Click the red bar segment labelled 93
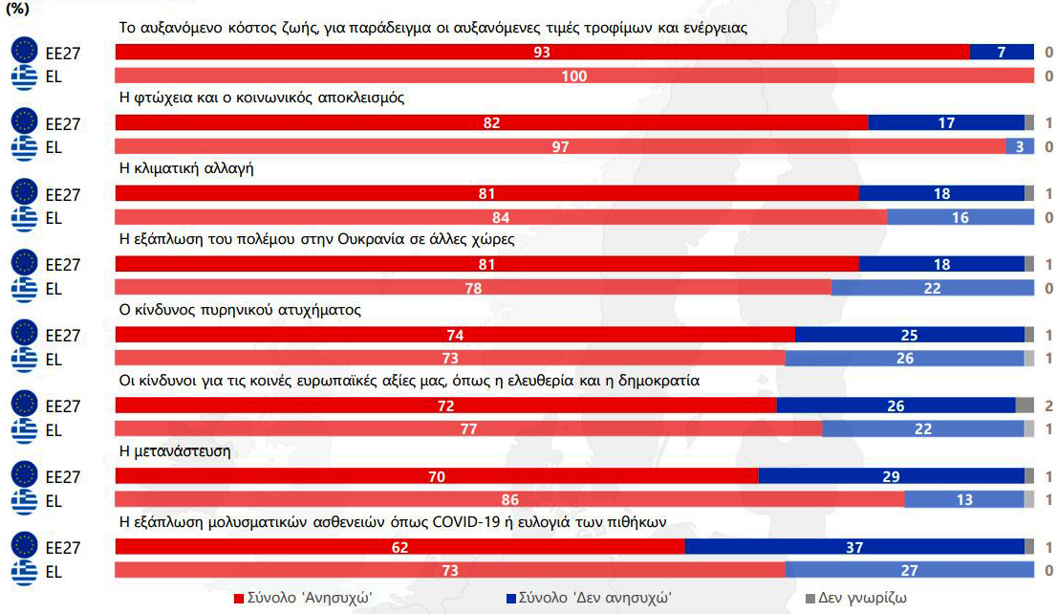pos(542,53)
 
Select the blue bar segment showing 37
pos(854,547)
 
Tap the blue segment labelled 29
pos(891,476)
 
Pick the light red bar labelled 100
pos(573,76)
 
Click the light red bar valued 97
pos(560,146)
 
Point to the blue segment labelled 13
pos(963,499)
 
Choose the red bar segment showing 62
pos(399,547)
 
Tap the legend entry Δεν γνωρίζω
pos(862,598)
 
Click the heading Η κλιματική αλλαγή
pos(185,168)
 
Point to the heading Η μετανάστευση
pos(175,450)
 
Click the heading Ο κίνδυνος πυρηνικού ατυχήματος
pos(239,310)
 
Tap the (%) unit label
pos(19,9)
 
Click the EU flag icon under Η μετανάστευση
pos(23,476)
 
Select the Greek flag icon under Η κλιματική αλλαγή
pos(23,218)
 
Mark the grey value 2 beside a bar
pos(1048,406)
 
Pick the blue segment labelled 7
pos(1002,53)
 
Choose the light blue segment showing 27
pos(910,570)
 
